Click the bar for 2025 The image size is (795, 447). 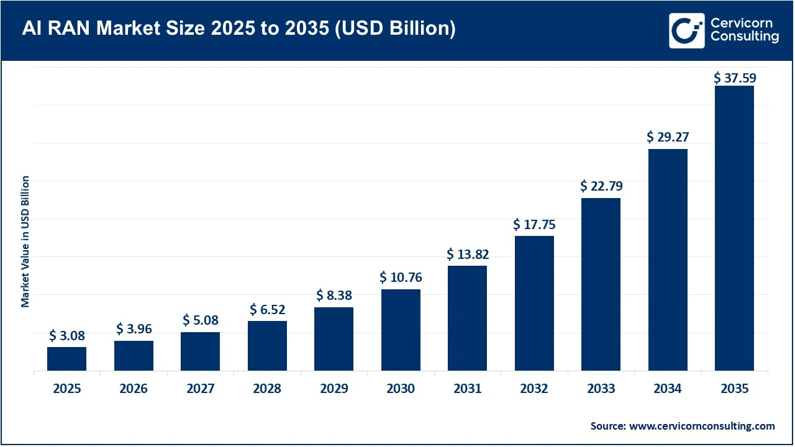point(66,359)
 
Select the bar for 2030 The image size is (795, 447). point(401,330)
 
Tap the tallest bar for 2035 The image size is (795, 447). point(734,228)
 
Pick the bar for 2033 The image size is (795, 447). point(601,284)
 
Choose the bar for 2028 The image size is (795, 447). point(267,346)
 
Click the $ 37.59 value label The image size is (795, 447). point(734,78)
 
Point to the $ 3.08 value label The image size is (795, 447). point(66,336)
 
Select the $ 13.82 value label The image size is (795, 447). point(467,254)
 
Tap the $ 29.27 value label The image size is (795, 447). point(668,137)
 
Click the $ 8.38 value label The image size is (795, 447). point(334,295)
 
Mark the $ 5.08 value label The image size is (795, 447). point(200,320)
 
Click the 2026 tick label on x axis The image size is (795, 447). point(134,389)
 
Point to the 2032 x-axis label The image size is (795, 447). point(534,389)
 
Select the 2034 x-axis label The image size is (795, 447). point(668,389)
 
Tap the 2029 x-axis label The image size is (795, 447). point(334,389)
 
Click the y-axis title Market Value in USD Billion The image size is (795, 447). point(25,241)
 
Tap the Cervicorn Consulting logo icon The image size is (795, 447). point(686,30)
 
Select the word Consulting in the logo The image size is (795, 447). point(743,37)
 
